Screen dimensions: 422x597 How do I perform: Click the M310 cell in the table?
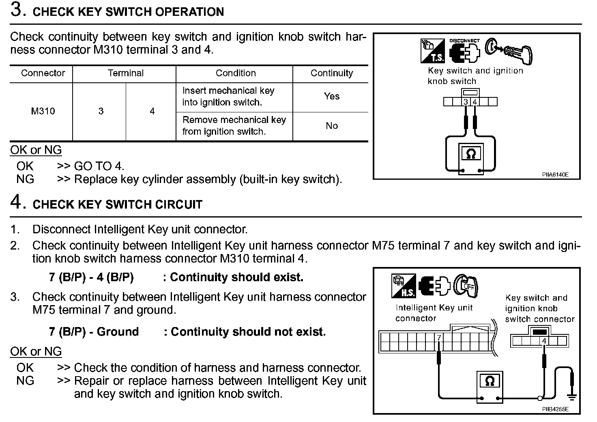[x=43, y=111]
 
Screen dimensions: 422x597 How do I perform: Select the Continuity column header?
[x=331, y=73]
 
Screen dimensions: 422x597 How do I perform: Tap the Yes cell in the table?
[x=331, y=96]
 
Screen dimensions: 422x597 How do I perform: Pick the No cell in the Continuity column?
[x=331, y=126]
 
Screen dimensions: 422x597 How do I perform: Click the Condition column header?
[x=236, y=73]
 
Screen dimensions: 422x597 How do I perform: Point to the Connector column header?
[x=43, y=73]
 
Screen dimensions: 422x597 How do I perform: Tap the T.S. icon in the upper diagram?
[x=432, y=51]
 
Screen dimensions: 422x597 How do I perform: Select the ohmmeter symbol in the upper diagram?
[x=471, y=154]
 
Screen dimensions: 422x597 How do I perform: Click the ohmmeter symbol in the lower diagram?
[x=490, y=381]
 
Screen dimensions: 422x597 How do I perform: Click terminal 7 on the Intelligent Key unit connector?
[x=439, y=338]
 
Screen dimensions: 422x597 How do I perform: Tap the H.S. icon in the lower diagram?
[x=404, y=286]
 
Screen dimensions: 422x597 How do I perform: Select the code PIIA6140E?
[x=555, y=175]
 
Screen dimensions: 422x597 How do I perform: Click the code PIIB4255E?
[x=555, y=409]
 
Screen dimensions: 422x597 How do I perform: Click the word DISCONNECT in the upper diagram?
[x=464, y=41]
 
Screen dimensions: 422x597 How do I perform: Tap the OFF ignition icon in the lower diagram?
[x=466, y=286]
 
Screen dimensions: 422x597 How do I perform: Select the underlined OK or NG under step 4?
[x=36, y=351]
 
